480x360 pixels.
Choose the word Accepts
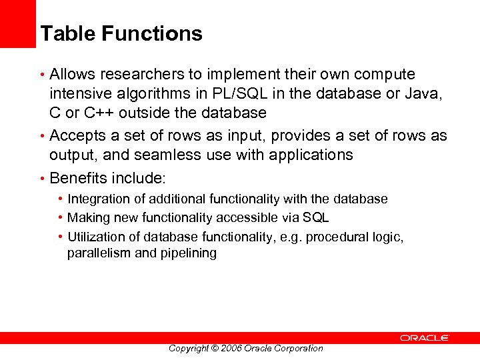click(79, 135)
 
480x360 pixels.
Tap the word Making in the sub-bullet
click(87, 217)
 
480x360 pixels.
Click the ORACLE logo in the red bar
click(425, 338)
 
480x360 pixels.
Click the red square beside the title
click(17, 23)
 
